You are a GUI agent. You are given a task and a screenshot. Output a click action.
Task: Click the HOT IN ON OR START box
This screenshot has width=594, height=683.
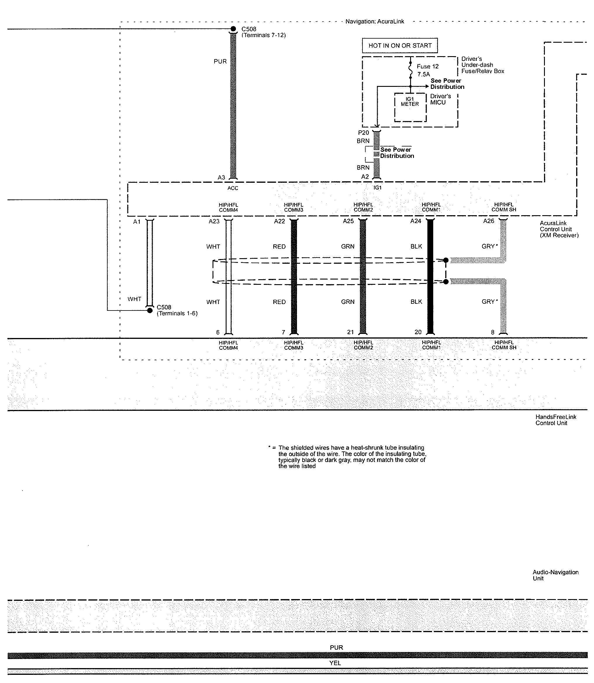[x=400, y=45]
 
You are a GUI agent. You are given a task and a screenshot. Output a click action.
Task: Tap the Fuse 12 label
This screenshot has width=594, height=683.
[x=428, y=66]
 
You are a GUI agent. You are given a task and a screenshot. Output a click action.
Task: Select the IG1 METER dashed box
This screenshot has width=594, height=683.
[x=410, y=107]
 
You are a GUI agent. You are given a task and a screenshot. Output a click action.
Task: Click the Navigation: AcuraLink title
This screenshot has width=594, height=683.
[x=374, y=22]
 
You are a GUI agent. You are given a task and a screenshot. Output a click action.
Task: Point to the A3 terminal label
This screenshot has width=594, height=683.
[x=221, y=177]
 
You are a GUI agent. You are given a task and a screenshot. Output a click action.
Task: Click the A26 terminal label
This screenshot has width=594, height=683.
[x=488, y=221]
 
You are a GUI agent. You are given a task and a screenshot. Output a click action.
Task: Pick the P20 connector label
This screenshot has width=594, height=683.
[x=363, y=133]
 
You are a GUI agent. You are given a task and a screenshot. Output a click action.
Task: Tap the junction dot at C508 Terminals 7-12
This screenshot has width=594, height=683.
[x=233, y=29]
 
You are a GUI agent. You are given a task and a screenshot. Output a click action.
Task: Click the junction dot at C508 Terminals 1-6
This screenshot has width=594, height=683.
[x=150, y=310]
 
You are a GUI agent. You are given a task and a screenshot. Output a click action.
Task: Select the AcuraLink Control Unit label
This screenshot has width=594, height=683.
[x=559, y=229]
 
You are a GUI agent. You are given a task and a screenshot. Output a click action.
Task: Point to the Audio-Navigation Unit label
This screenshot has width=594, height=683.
[x=555, y=575]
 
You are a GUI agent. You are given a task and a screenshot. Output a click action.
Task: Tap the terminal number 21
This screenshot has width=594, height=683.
[x=350, y=332]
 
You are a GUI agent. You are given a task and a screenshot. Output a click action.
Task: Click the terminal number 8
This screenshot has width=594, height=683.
[x=493, y=332]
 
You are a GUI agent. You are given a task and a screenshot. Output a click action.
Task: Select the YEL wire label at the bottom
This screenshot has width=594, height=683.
[x=335, y=663]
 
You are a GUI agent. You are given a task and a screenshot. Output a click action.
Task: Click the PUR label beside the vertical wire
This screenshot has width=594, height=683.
[x=220, y=61]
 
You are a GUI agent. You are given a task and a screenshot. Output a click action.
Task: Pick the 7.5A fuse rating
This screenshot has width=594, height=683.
[x=423, y=74]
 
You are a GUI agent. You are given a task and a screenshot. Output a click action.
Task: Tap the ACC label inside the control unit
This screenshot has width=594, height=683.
[x=233, y=188]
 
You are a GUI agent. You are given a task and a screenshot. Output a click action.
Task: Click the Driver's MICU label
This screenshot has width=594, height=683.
[x=440, y=99]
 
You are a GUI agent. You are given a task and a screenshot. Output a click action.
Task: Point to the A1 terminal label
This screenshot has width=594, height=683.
[x=137, y=221]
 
